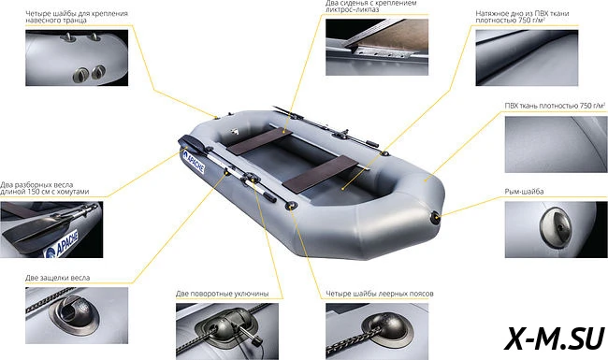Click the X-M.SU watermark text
click(x=554, y=338)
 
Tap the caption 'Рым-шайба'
click(x=524, y=192)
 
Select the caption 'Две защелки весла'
click(x=57, y=278)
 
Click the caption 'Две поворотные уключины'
click(x=222, y=294)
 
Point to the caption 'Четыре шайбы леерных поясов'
click(x=379, y=294)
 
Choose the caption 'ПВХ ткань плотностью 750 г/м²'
click(x=555, y=106)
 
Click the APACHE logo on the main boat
click(x=194, y=162)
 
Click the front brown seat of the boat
click(x=321, y=174)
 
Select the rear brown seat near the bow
click(x=259, y=141)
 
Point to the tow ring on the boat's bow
click(x=436, y=217)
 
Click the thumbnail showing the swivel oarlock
click(x=227, y=331)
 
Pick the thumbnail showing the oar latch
click(x=77, y=315)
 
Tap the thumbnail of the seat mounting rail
click(x=377, y=47)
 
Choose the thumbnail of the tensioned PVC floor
click(x=527, y=58)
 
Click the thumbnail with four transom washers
click(x=77, y=58)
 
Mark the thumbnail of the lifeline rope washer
click(x=377, y=331)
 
